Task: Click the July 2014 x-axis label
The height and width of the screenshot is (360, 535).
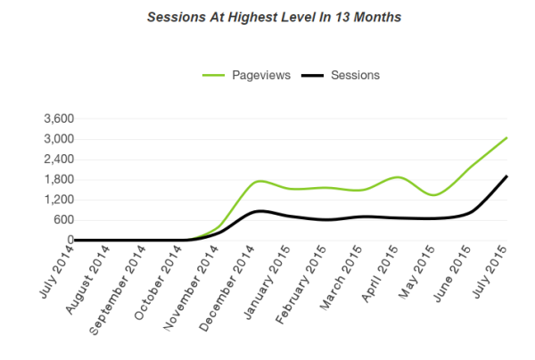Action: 55,273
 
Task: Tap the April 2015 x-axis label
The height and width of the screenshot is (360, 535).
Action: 378,274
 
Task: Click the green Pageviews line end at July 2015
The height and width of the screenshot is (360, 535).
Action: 506,138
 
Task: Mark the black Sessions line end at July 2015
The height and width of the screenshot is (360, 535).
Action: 506,176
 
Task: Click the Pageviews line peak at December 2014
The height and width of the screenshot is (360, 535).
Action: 259,181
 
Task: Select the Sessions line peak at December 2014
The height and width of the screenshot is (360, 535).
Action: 259,211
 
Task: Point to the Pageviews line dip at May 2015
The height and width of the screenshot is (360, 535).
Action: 434,194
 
